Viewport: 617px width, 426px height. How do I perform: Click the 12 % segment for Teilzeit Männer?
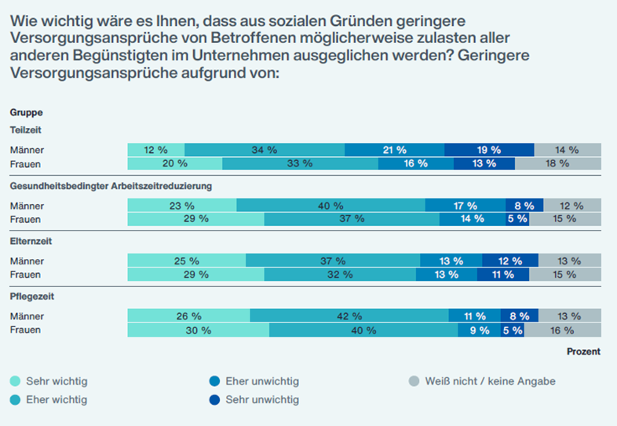click(x=156, y=150)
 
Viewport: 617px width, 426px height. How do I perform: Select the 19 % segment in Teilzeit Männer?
click(x=489, y=150)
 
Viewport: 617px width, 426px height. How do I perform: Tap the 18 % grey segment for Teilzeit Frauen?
click(x=558, y=164)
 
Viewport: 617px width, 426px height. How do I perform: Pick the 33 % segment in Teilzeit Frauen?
click(x=300, y=164)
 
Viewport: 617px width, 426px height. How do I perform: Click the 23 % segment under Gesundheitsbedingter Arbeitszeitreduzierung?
click(x=182, y=206)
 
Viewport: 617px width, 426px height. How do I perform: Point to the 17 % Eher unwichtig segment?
click(x=465, y=206)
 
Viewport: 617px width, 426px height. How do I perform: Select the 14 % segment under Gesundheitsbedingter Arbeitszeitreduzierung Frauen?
click(x=473, y=220)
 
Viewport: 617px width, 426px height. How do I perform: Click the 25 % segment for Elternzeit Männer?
click(x=187, y=260)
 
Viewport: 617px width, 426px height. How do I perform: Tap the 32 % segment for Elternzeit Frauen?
click(x=340, y=275)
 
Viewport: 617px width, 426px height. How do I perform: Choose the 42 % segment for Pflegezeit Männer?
click(x=349, y=316)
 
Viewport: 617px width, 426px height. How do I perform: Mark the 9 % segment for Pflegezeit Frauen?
click(x=479, y=330)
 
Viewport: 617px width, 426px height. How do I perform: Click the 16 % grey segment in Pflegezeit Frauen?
click(x=562, y=330)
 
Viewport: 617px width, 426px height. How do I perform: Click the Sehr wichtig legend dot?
click(x=16, y=381)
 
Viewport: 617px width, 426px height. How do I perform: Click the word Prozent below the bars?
click(x=583, y=351)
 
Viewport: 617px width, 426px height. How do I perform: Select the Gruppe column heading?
click(x=26, y=113)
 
